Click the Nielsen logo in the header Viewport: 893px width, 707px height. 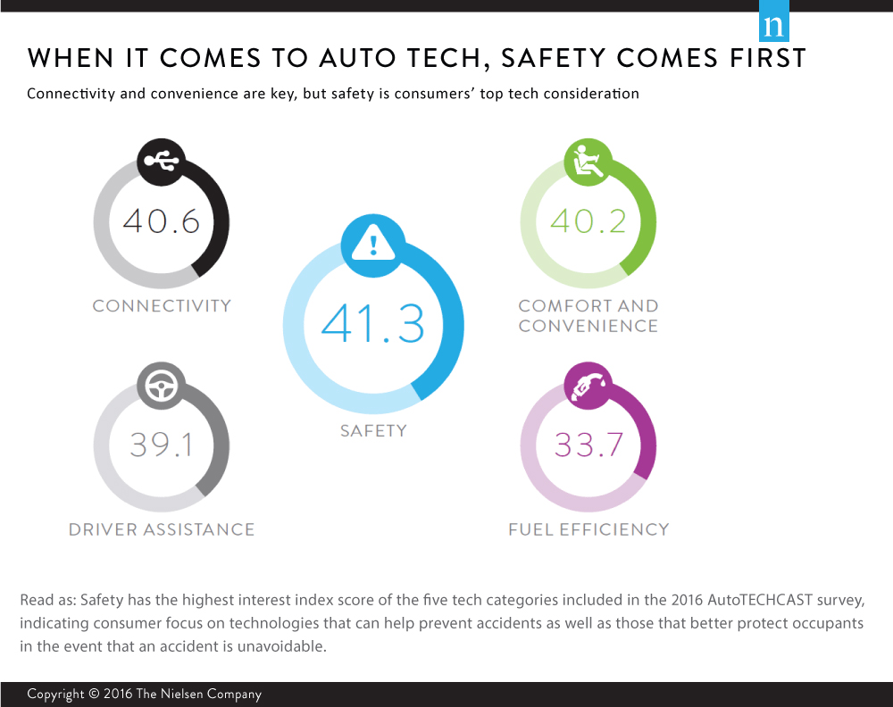click(x=773, y=26)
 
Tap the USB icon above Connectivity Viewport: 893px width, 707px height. click(x=161, y=162)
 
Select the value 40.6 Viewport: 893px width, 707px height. click(x=162, y=220)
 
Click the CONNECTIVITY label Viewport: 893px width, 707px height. click(x=162, y=305)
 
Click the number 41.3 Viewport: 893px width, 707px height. click(x=373, y=323)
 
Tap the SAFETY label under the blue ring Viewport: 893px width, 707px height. click(x=373, y=430)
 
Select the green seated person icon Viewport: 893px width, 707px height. click(x=588, y=162)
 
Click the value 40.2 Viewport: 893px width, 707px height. click(x=588, y=220)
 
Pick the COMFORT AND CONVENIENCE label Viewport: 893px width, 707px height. click(x=588, y=315)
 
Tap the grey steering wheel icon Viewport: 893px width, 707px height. click(x=161, y=385)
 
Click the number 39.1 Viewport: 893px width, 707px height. click(x=162, y=444)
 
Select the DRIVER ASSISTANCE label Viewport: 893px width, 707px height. click(x=162, y=529)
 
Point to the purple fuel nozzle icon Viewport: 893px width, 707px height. click(x=588, y=385)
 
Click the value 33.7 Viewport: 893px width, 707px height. click(x=588, y=444)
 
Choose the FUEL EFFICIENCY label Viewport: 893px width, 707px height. click(x=588, y=529)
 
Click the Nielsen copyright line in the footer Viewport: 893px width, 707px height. click(x=144, y=694)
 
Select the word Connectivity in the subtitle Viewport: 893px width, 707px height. click(x=71, y=94)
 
